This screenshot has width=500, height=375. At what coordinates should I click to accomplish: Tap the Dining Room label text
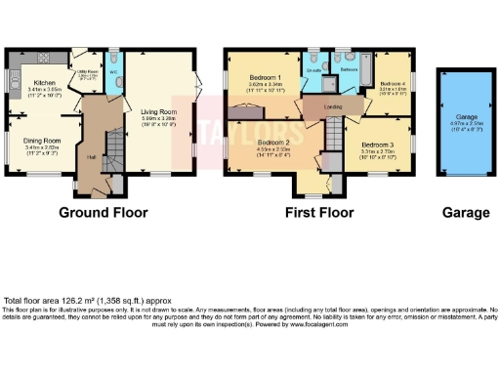tap(42, 141)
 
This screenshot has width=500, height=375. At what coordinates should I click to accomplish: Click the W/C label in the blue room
tap(113, 72)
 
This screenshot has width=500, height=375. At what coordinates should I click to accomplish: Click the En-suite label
tap(315, 71)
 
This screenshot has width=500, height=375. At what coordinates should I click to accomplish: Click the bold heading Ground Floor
tap(104, 212)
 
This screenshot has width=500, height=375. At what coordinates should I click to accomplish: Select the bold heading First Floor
tap(319, 212)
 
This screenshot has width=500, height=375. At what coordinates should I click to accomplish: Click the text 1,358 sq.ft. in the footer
tap(124, 300)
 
